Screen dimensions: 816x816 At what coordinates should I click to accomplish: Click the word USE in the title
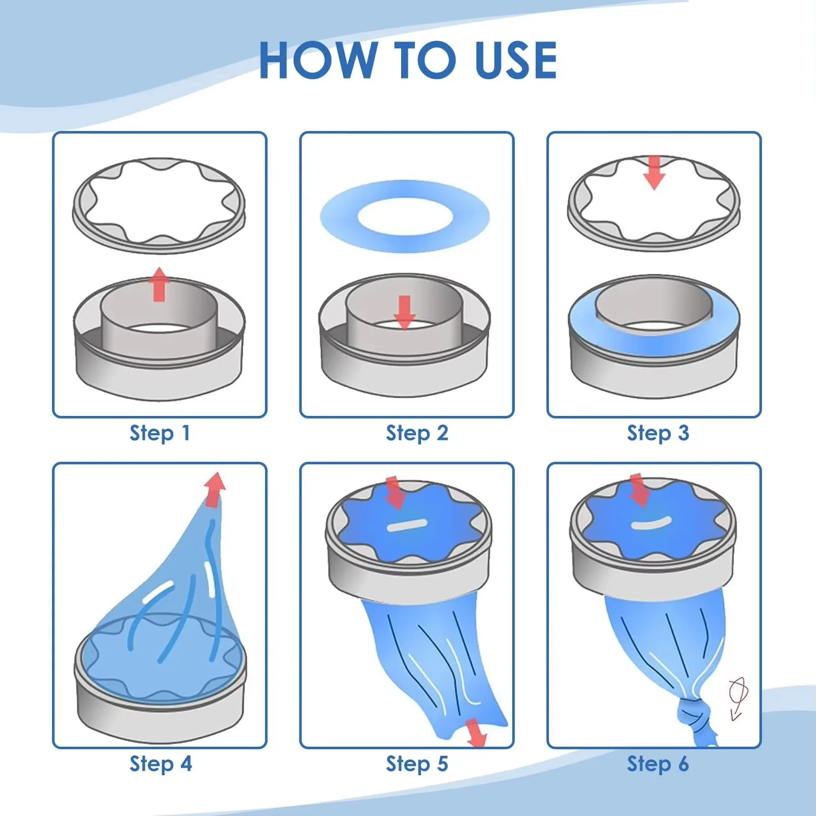(x=515, y=60)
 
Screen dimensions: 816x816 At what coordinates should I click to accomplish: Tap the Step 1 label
(x=160, y=433)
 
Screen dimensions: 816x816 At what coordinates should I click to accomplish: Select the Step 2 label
(x=417, y=433)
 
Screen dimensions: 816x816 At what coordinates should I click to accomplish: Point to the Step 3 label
(x=658, y=433)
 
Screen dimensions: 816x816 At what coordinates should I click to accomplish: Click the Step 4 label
(x=161, y=764)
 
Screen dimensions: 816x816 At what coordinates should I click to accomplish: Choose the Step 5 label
(x=417, y=764)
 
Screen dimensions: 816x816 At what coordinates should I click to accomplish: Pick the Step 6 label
(x=658, y=764)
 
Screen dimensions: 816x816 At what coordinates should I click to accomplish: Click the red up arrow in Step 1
(x=160, y=284)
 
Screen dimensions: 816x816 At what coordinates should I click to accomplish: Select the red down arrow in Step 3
(x=654, y=173)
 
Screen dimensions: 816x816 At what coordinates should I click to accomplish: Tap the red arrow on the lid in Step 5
(x=395, y=493)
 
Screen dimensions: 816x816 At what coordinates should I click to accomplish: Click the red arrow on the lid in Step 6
(x=639, y=490)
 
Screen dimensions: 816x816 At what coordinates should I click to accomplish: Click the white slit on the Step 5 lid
(x=406, y=525)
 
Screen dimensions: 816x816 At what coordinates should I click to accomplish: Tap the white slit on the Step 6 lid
(x=651, y=523)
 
